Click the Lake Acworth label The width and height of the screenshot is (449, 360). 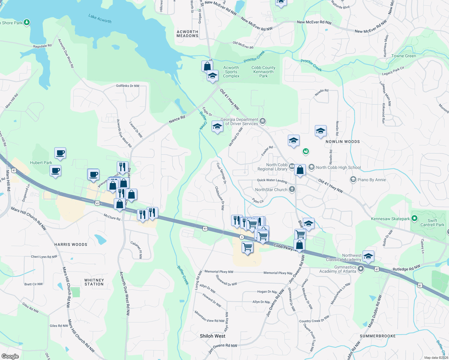tap(100, 19)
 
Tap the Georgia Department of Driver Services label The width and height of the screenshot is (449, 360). tap(239, 121)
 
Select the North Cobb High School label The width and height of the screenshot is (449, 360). tap(338, 167)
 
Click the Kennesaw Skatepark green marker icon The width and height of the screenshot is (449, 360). tap(414, 219)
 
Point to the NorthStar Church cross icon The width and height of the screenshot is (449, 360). tap(292, 189)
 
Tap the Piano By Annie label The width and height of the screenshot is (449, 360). tap(372, 180)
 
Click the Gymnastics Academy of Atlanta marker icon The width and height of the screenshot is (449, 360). tap(361, 268)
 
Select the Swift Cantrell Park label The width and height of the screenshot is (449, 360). tap(432, 223)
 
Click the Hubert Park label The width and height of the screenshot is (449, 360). tap(41, 163)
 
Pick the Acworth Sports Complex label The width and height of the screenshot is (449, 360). tap(231, 72)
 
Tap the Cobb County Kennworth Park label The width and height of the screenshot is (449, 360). tap(263, 72)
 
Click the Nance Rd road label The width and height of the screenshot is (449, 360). tap(177, 119)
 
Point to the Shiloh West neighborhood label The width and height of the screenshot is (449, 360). tap(212, 336)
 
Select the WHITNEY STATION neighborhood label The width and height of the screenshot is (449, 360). tap(94, 282)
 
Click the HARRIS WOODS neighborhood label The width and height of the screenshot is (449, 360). tap(71, 244)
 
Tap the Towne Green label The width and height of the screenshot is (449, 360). tap(404, 56)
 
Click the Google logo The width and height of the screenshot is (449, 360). tap(10, 356)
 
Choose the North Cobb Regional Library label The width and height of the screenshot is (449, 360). tap(273, 167)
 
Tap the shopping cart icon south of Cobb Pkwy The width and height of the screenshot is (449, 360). tap(248, 247)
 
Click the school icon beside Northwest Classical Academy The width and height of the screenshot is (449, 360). tap(368, 256)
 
